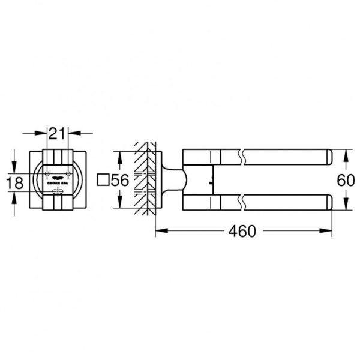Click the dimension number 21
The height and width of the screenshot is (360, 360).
[58, 133]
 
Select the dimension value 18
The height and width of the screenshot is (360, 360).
[19, 182]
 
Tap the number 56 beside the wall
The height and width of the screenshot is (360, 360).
[122, 179]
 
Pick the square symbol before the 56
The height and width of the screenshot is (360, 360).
[103, 179]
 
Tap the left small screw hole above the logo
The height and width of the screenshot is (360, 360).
[47, 175]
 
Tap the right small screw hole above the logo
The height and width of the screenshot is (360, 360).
[70, 175]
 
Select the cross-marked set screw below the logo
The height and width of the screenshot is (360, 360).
[58, 192]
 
